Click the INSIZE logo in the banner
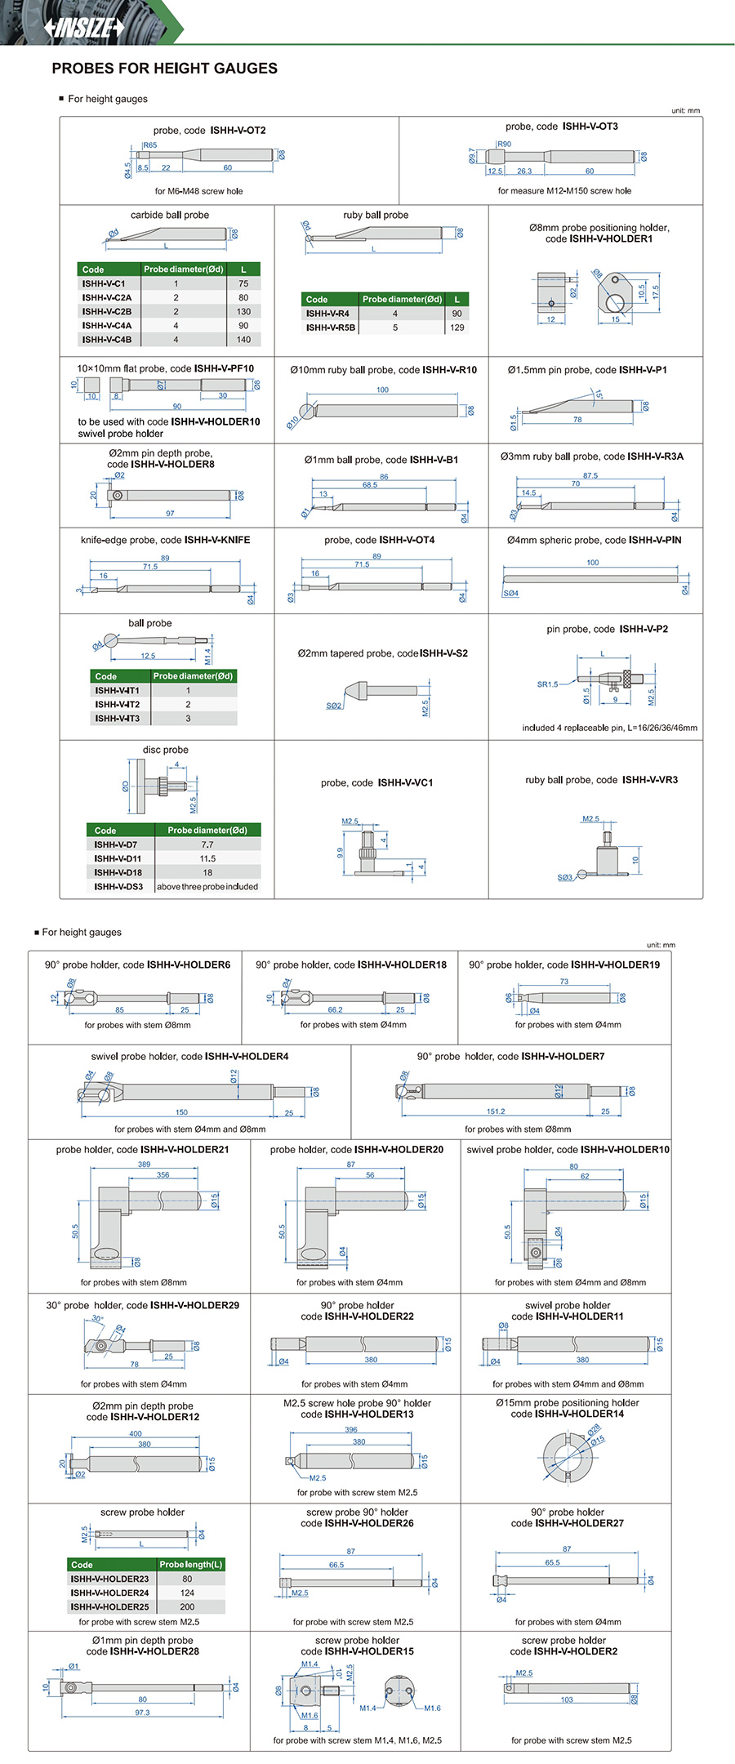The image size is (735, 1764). pos(84,27)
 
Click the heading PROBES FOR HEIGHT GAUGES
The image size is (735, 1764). pos(164,69)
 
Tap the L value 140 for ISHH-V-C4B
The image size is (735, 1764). pos(243,339)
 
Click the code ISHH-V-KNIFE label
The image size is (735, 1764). pos(216,540)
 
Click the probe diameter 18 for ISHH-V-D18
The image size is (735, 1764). pos(207,872)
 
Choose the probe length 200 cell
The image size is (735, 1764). pos(187,1606)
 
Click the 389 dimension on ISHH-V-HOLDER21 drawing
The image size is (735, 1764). pos(144,1165)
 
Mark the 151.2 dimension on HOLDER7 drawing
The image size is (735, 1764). pos(496,1111)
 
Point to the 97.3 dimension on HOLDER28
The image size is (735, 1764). pos(142,1713)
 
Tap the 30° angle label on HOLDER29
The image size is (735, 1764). pos(97,1318)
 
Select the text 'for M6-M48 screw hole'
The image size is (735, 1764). pos(198,191)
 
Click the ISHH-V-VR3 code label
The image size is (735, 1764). pos(649,780)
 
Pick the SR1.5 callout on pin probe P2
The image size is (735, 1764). pos(547,684)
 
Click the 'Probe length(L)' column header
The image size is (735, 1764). pos(190,1565)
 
